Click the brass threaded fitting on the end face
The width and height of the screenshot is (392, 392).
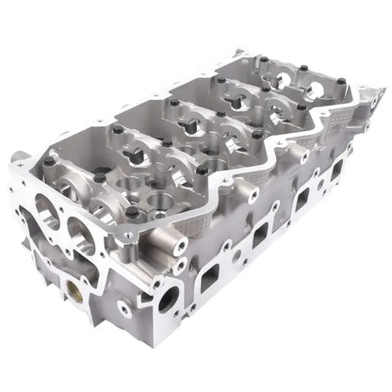(72, 284)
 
